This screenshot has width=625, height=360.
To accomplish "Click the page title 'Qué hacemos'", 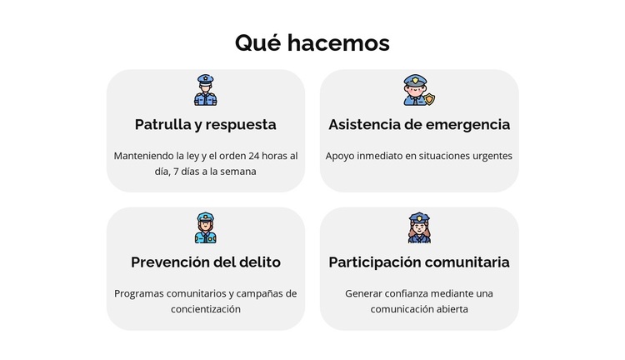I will [312, 42].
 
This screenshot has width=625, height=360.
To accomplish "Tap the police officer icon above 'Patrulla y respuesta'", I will [205, 90].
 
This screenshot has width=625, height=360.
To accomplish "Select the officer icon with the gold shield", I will [416, 90].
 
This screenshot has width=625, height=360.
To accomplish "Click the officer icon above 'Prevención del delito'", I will [205, 227].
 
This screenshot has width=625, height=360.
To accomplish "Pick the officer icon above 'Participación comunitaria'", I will [419, 227].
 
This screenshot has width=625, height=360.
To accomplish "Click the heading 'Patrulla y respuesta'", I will [205, 124].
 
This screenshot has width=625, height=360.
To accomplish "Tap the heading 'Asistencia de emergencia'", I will [419, 124].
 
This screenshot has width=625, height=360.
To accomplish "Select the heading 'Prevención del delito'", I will [205, 262].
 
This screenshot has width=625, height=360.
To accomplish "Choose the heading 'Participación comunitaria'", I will [419, 262].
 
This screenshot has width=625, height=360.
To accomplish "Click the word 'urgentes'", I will [492, 156].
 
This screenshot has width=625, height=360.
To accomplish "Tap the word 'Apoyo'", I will [341, 156].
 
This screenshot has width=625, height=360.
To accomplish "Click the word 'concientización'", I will [205, 309].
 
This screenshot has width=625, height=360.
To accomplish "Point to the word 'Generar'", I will [363, 293].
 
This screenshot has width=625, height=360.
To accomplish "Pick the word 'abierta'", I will [450, 309].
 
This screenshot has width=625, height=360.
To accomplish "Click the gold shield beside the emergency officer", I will [429, 98].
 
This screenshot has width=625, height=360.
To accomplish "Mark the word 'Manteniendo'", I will [143, 156].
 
